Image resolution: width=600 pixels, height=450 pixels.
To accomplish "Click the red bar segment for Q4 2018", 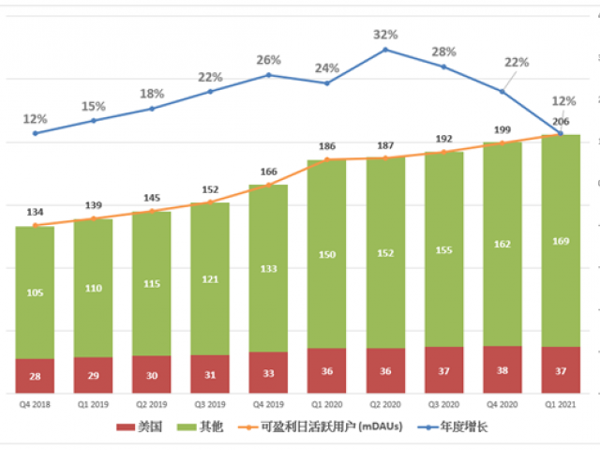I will (35, 376).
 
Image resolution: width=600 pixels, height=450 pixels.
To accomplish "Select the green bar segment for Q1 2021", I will (561, 241).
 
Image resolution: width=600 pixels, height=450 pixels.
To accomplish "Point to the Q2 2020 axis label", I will (386, 404).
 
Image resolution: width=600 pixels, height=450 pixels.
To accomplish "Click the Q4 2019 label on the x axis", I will (268, 404).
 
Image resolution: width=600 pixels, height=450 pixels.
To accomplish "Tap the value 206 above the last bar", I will (561, 123).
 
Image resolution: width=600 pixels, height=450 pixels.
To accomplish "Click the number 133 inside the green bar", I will (268, 269).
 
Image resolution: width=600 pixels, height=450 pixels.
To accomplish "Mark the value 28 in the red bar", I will (35, 376).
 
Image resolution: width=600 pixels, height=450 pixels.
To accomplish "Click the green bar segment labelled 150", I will (327, 255).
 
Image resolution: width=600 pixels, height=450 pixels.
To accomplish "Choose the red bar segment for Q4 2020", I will (502, 370).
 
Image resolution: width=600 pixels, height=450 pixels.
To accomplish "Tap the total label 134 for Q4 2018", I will (35, 212).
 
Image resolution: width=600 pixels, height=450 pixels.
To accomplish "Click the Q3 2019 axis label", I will (210, 404).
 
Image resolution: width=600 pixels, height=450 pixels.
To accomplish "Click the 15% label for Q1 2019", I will (94, 106).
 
